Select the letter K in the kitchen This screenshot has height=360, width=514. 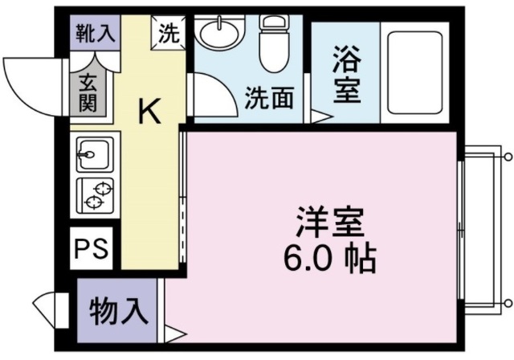tap(150, 111)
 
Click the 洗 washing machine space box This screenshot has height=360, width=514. tap(169, 34)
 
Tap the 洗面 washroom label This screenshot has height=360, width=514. tap(269, 99)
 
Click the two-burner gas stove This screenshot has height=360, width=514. tap(96, 194)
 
